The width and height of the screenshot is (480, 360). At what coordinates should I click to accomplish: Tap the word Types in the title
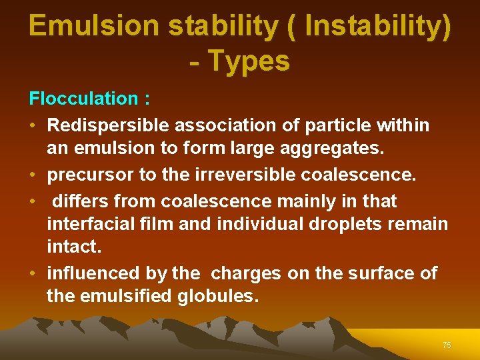pos(249,61)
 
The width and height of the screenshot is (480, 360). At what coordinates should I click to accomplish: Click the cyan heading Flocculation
pos(83,99)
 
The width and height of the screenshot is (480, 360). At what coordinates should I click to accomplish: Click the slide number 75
pos(446,345)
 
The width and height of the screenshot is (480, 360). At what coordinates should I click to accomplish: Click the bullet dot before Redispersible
pos(33,125)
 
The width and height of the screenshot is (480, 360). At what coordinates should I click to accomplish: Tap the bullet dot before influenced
pos(33,273)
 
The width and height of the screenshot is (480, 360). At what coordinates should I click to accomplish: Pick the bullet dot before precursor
pos(33,175)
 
